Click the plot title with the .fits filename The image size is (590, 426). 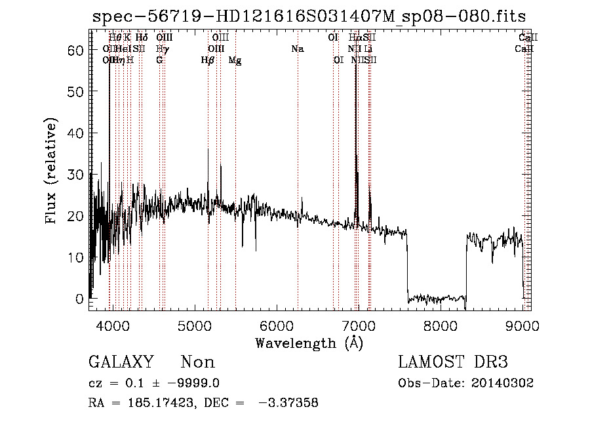(x=309, y=16)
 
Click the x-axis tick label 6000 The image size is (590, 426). (x=276, y=325)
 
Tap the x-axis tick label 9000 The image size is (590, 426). (x=522, y=325)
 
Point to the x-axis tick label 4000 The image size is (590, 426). (x=112, y=325)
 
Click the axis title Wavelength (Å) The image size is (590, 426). (x=309, y=343)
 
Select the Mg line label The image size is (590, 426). (x=235, y=60)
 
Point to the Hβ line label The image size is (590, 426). (x=208, y=60)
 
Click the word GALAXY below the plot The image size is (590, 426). (x=121, y=362)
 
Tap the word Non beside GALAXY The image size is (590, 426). (x=197, y=362)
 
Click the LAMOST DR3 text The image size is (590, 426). (x=452, y=362)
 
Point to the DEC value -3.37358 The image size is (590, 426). (x=287, y=403)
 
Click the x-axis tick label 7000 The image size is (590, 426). (x=358, y=325)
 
